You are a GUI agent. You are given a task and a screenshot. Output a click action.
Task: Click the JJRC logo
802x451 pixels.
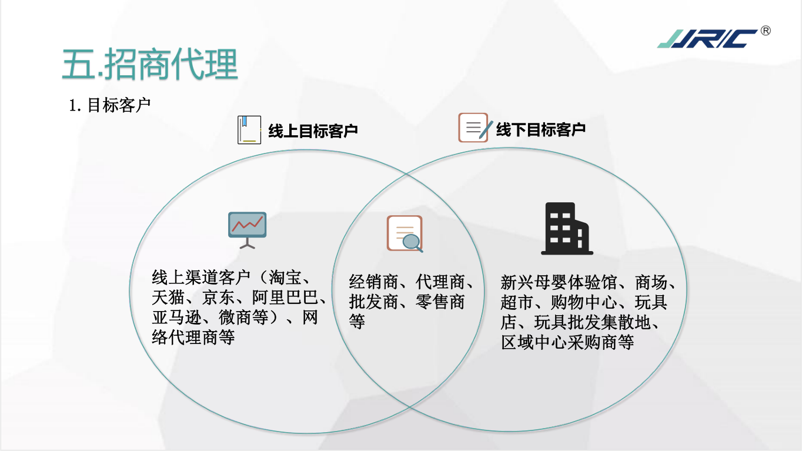[x=707, y=39]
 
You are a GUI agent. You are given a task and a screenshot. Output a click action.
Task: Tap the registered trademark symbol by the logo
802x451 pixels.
[x=766, y=31]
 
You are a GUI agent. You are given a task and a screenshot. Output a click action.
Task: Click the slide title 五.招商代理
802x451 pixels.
[x=150, y=65]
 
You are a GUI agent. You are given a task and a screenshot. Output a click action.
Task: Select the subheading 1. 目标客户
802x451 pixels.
[x=109, y=105]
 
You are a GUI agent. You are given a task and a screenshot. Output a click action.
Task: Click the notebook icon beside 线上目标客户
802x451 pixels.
[x=249, y=129]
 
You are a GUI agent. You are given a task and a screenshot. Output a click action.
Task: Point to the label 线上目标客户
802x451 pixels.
[x=313, y=131]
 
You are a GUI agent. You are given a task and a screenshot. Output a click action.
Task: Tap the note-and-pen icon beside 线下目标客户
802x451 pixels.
[x=475, y=128]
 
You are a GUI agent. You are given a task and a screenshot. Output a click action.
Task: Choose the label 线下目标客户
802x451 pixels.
[x=540, y=129]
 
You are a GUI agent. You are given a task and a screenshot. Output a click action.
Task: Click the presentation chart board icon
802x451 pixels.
[x=248, y=230]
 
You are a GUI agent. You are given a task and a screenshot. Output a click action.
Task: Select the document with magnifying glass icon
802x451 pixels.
[x=405, y=234]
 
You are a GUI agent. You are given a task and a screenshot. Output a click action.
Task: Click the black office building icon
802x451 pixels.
[x=567, y=229]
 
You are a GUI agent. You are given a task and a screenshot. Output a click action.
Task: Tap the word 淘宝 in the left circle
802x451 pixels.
[x=285, y=278]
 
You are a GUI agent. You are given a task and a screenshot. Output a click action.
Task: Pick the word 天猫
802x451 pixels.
[x=168, y=298]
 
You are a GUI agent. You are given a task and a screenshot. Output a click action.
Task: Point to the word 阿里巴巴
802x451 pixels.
[x=285, y=298]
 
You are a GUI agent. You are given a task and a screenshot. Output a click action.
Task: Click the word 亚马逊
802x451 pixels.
[x=176, y=318]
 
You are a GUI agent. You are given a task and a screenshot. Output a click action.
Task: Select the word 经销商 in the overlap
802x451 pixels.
[x=373, y=282]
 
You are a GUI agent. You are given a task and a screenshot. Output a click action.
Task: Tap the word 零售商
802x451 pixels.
[x=440, y=302]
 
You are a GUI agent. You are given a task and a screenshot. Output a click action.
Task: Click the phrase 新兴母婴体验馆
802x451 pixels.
[x=559, y=282]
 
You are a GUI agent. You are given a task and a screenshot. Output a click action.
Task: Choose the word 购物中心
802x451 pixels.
[x=584, y=302]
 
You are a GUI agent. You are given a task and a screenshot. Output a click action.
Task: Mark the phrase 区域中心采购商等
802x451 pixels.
[x=567, y=343]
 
